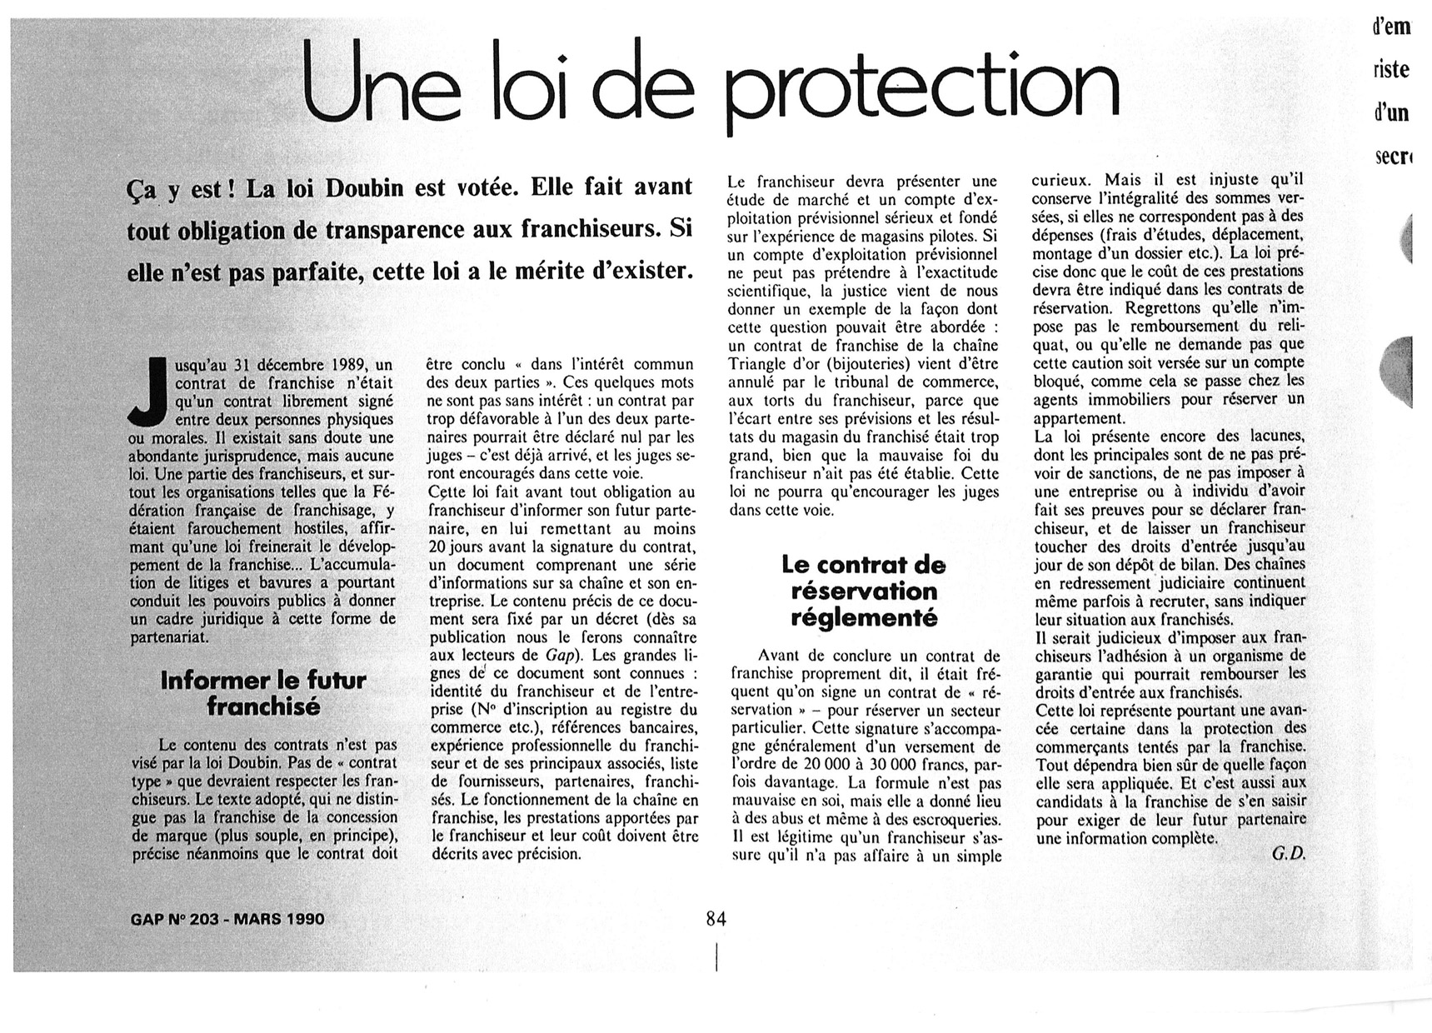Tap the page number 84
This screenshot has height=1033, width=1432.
tap(716, 919)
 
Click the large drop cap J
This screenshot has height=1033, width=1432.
tap(150, 392)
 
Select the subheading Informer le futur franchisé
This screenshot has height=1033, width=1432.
tap(263, 693)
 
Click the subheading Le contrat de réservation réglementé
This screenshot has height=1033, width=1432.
tap(864, 591)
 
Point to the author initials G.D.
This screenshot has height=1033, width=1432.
tap(1288, 854)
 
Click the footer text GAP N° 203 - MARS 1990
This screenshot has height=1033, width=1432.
tap(227, 920)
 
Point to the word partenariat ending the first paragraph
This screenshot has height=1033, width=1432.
tap(169, 637)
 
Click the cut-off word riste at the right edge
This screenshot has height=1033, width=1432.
tap(1392, 69)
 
